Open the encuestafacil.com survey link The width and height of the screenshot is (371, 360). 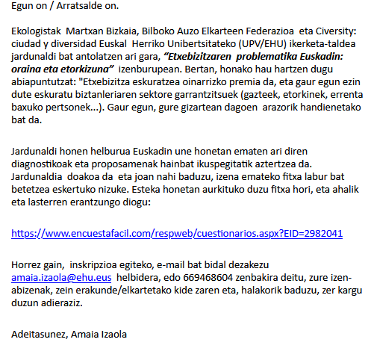pyautogui.click(x=177, y=233)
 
